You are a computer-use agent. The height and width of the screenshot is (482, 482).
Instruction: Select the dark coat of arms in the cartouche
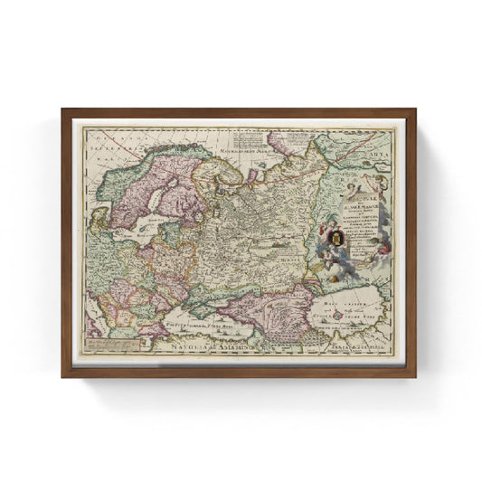336,239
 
